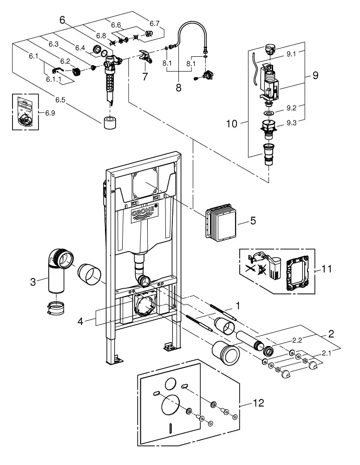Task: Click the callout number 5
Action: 253,220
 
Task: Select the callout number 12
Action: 258,403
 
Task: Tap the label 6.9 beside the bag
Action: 50,113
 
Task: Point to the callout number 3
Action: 33,282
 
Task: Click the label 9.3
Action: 291,123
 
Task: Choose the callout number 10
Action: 232,124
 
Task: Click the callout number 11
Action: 327,269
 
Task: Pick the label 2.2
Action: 297,340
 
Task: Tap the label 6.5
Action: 60,100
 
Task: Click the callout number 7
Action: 144,77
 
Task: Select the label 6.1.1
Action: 53,79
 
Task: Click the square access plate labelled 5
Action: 220,222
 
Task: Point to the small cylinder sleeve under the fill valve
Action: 110,122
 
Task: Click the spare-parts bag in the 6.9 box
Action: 26,112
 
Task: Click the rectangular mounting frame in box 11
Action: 297,272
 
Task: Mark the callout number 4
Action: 80,321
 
